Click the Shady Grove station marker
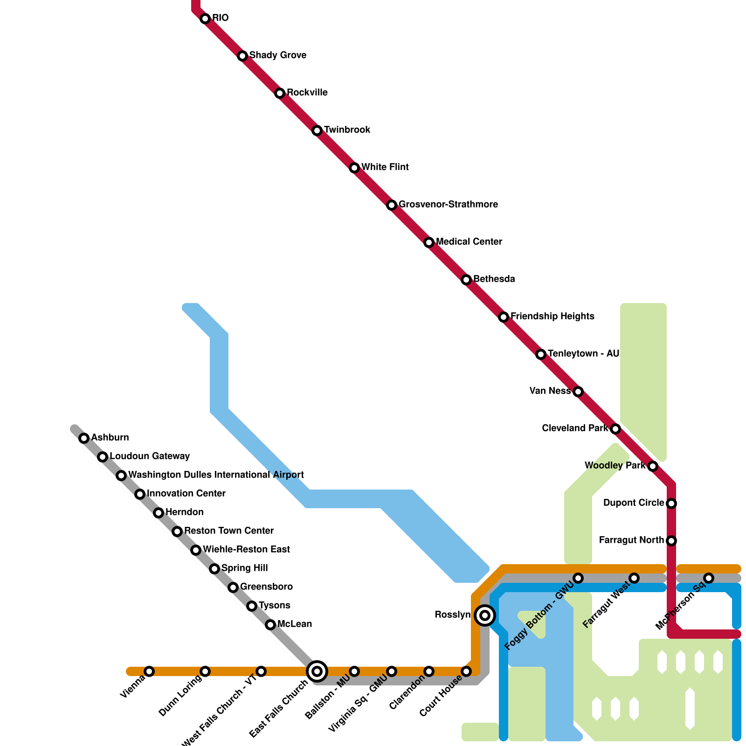pos(242,56)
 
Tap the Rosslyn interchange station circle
pos(485,615)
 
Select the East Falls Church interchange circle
pos(317,671)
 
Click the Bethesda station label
pos(494,279)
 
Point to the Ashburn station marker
pos(84,438)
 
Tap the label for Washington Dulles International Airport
pos(216,475)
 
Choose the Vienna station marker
pos(149,671)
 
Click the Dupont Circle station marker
pos(671,504)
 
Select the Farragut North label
pos(631,540)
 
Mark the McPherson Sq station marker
pos(709,578)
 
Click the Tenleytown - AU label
pos(583,353)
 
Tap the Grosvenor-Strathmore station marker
pos(392,205)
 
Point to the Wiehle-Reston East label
pos(246,549)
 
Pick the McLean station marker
pos(270,625)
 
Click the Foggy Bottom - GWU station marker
pos(578,578)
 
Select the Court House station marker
pos(466,671)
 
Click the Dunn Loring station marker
pos(205,671)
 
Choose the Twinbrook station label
pos(347,130)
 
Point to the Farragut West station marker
pos(634,578)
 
